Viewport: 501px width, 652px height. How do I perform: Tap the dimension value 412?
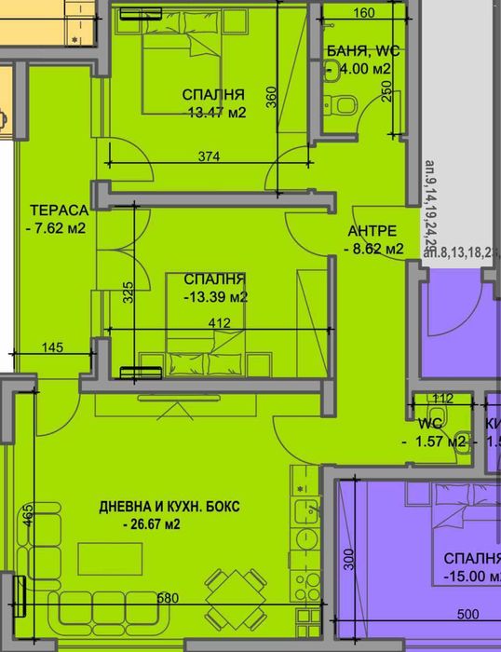pos(220,323)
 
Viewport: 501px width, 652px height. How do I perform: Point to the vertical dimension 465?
pos(29,514)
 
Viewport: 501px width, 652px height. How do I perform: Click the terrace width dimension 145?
pos(52,347)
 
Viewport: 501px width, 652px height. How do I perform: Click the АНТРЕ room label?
pos(372,231)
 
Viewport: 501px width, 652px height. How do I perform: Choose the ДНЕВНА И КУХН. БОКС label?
pos(169,507)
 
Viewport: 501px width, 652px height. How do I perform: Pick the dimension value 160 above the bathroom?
pos(364,14)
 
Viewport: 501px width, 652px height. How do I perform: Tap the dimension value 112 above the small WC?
pos(443,399)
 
